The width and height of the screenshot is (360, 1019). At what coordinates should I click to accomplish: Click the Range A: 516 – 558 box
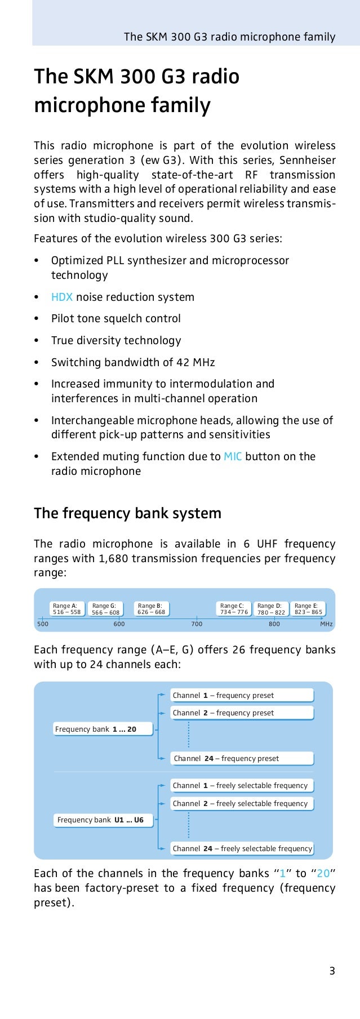coord(66,608)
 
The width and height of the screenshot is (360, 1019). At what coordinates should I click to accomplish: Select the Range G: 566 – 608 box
coord(106,609)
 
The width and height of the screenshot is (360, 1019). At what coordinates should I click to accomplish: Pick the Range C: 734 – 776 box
coord(234,608)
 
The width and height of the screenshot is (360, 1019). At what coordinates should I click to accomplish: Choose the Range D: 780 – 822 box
coord(271,609)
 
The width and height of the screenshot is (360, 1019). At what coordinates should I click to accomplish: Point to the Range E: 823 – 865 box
coord(309,608)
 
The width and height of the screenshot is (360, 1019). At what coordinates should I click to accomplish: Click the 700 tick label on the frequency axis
coord(196,624)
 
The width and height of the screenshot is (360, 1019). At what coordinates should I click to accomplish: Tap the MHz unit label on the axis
coord(326,624)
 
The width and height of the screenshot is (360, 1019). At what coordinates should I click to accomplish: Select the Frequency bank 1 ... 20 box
coord(96,729)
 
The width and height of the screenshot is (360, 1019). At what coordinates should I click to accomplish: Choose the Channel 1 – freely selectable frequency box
coord(242,785)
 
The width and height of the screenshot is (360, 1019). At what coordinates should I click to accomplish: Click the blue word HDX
coord(62,297)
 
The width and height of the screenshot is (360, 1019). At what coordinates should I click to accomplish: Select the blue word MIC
coord(233,456)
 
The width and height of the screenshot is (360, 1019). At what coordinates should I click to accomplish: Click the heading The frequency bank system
coord(127,513)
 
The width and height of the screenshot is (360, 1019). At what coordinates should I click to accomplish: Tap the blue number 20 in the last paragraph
coord(323,873)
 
